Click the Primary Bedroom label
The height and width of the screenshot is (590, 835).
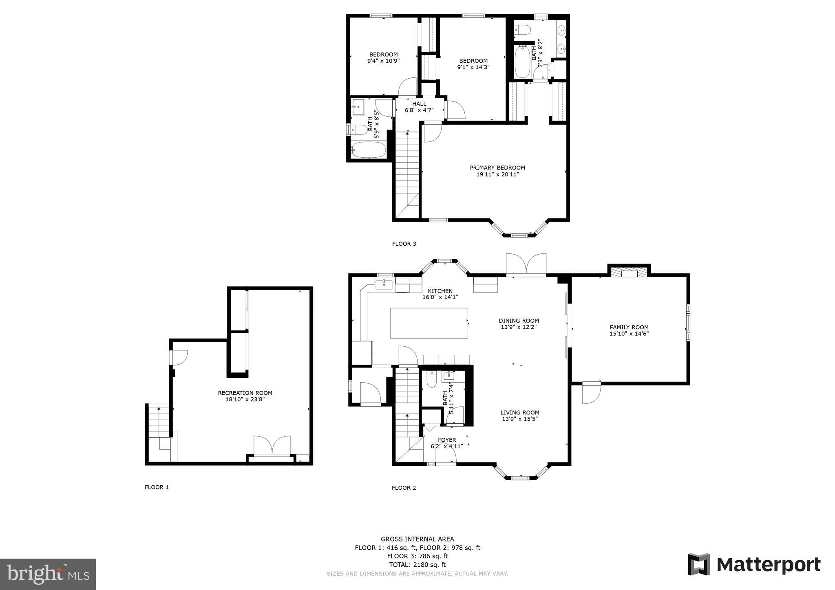[497, 167]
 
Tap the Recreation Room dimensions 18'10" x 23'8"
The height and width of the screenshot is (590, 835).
[245, 400]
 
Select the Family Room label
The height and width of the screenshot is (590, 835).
[629, 327]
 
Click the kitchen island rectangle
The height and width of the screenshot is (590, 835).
[429, 323]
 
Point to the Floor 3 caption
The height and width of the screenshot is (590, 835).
[404, 244]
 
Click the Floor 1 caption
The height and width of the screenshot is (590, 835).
[157, 487]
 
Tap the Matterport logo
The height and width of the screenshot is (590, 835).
[754, 565]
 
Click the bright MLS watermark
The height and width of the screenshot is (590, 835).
[48, 575]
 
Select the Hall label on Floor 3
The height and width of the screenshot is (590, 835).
[419, 103]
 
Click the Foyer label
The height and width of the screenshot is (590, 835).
[447, 440]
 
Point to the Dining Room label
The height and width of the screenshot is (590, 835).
[519, 321]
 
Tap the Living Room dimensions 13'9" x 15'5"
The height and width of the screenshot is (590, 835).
[519, 419]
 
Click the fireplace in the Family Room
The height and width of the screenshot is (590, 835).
[629, 272]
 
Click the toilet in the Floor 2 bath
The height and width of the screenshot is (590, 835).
[431, 380]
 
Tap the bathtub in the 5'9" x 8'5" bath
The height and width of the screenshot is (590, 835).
[368, 150]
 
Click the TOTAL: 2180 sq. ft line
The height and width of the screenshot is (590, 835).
[417, 565]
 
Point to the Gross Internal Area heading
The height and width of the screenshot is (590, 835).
[417, 539]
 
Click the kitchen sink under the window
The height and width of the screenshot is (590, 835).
[384, 284]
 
